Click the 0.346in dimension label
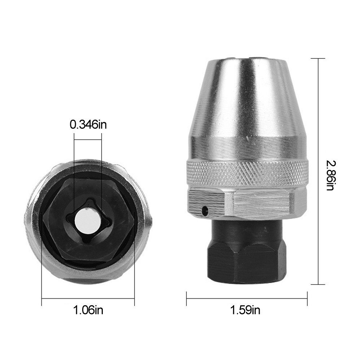[x=88, y=125]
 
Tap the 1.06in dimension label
[x=88, y=309]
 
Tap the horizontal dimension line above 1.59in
[x=247, y=298]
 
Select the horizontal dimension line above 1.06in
[x=88, y=298]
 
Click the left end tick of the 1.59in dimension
[x=186, y=298]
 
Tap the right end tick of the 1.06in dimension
[x=135, y=298]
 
